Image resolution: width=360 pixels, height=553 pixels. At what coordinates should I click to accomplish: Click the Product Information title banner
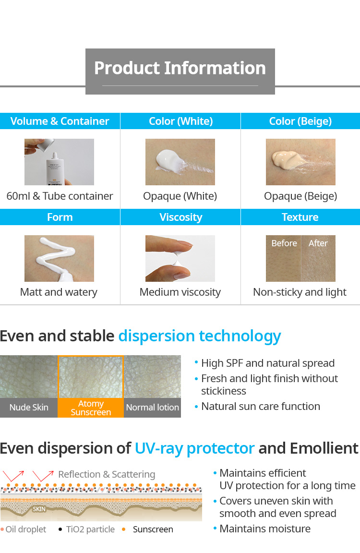(180, 71)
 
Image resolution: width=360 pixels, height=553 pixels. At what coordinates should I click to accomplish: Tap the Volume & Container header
(60, 121)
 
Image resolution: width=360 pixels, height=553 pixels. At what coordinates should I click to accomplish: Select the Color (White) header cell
(180, 121)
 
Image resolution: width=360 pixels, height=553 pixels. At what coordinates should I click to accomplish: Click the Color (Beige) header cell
(300, 121)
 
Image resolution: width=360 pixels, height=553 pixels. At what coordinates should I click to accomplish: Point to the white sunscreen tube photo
(59, 162)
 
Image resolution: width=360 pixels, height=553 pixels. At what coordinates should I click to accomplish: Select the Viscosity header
(180, 217)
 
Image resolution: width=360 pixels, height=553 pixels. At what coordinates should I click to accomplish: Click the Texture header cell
(300, 217)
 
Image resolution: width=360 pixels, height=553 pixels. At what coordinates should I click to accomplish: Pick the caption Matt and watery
(59, 292)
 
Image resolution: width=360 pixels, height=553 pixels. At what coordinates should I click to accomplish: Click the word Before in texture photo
(284, 243)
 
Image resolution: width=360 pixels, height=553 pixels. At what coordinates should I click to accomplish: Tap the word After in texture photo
(318, 243)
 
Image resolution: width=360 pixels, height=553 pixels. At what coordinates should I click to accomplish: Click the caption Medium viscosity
(180, 292)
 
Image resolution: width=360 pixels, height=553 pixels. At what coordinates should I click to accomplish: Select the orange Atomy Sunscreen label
(91, 408)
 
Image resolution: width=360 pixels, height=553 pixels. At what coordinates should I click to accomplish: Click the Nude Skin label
(29, 408)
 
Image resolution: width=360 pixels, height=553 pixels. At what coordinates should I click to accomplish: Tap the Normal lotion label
(152, 408)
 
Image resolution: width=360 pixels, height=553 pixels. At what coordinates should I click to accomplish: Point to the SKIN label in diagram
(39, 509)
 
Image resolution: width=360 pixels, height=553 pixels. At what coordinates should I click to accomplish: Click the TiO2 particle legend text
(90, 529)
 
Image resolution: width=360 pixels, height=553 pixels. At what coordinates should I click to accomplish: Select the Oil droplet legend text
(26, 529)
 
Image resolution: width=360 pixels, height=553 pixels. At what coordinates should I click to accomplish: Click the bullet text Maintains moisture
(265, 529)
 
